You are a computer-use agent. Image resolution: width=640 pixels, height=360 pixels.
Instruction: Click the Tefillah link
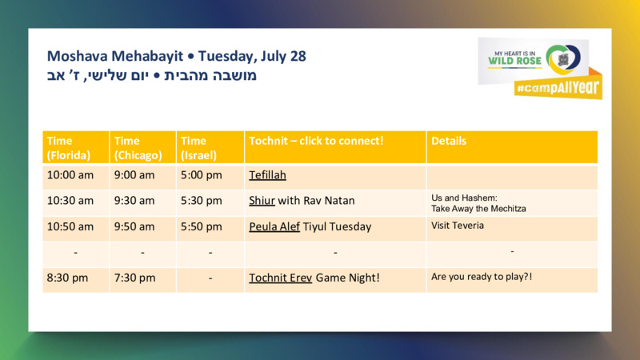point(267,175)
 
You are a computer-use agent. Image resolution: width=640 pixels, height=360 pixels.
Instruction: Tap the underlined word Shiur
point(262,201)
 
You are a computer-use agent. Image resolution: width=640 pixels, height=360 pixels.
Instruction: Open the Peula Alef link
point(274,226)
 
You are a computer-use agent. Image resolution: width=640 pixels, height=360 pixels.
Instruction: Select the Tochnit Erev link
point(281,278)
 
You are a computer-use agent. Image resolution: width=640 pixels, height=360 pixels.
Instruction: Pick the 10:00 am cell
point(70,175)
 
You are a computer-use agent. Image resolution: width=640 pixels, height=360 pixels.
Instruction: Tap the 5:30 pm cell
point(202,201)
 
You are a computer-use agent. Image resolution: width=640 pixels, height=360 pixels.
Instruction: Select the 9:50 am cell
point(134,226)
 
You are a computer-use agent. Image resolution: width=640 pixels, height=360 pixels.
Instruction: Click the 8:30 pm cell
point(67,278)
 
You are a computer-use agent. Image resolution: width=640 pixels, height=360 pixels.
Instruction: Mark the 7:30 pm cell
point(134,278)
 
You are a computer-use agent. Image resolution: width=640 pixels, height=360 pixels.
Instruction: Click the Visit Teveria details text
point(458,226)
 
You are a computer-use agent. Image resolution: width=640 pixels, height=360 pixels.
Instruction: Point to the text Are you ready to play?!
point(482,277)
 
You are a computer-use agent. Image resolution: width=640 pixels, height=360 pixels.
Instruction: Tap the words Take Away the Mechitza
point(478,209)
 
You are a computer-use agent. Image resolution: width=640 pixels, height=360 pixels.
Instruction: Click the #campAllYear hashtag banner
point(558,86)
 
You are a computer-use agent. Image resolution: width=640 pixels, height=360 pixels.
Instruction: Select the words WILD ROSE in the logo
point(514,62)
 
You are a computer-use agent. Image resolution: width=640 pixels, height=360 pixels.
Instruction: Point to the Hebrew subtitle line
point(152,75)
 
